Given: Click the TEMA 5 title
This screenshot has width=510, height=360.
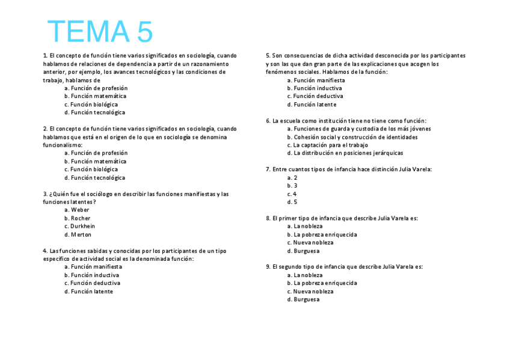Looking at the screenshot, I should point(100,32).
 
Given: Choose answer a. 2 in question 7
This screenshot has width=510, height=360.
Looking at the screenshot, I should point(292,177).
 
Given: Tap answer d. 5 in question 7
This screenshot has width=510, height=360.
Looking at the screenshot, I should point(292,202).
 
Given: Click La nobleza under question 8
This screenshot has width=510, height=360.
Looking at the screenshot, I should point(304,226).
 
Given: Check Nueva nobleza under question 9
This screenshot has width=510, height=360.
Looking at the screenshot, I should point(310,291).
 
